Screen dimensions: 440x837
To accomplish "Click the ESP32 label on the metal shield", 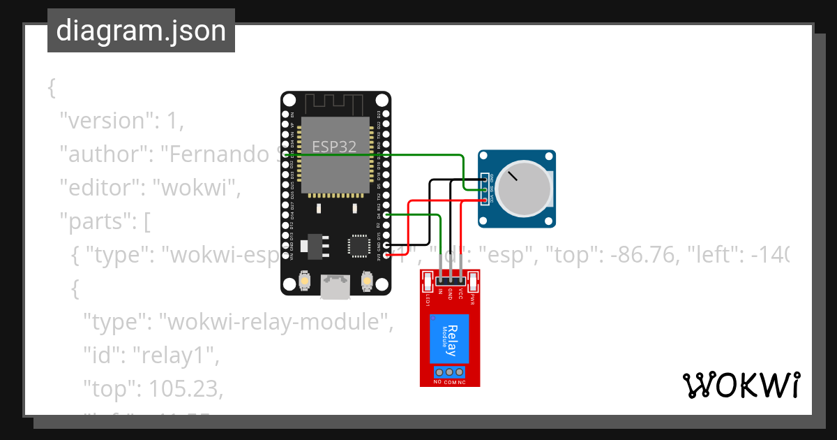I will click(334, 147).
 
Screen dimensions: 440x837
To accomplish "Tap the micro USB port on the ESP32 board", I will click(335, 286).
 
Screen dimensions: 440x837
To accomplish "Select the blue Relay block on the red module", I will click(449, 338).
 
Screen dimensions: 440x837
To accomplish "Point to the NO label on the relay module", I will click(437, 382).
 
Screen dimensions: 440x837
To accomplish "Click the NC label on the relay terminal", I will click(462, 382).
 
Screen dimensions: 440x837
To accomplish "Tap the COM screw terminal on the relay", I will click(450, 372).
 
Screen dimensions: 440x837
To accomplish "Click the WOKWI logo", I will click(741, 385).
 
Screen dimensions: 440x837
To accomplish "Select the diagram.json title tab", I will click(141, 31).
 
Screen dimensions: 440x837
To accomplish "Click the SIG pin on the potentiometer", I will click(486, 189).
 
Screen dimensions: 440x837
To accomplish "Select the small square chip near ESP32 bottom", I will click(359, 245).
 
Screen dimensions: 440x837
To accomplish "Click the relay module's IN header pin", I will click(441, 280).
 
